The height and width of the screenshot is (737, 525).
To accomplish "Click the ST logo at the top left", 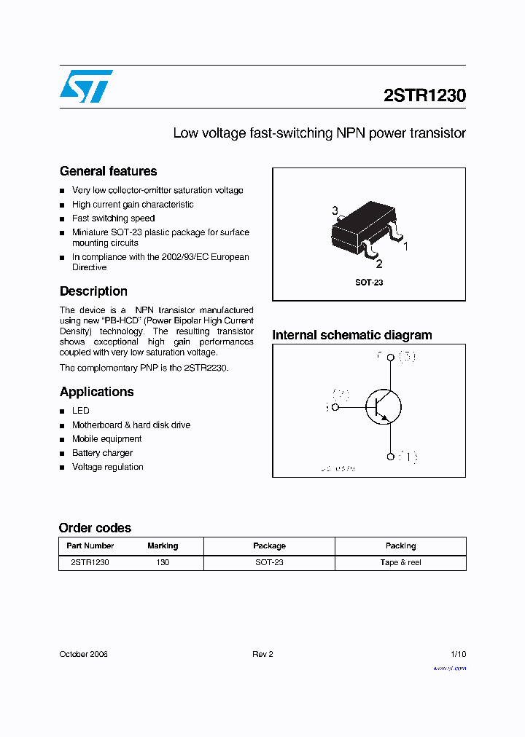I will [86, 86].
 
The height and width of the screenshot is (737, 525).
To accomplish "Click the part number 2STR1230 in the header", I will [424, 95].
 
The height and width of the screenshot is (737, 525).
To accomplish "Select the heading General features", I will [108, 171].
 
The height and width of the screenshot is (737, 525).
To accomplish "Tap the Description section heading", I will [93, 291].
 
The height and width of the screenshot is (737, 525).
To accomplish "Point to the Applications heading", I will [96, 392].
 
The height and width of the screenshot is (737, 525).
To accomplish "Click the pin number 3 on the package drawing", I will [335, 211].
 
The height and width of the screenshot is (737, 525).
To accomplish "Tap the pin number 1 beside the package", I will [405, 246].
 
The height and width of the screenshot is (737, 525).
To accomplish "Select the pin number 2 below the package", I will [379, 264].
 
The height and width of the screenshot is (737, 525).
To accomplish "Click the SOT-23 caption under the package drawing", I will [369, 283].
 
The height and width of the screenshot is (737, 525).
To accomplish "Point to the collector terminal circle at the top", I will [391, 357].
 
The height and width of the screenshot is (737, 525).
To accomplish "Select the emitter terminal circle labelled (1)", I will [391, 457].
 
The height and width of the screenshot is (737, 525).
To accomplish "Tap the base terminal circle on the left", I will [335, 408].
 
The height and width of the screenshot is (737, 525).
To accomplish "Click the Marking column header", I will [163, 545].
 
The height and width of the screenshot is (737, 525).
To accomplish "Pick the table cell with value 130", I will [163, 562].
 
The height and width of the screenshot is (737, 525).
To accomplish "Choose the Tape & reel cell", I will [400, 562].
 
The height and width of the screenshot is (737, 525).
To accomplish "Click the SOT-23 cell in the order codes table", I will [269, 562].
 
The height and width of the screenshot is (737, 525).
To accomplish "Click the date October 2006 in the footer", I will [83, 654].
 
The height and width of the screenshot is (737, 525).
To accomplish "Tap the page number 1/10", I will [458, 654].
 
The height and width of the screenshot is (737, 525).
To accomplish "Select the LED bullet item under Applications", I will [81, 411].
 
